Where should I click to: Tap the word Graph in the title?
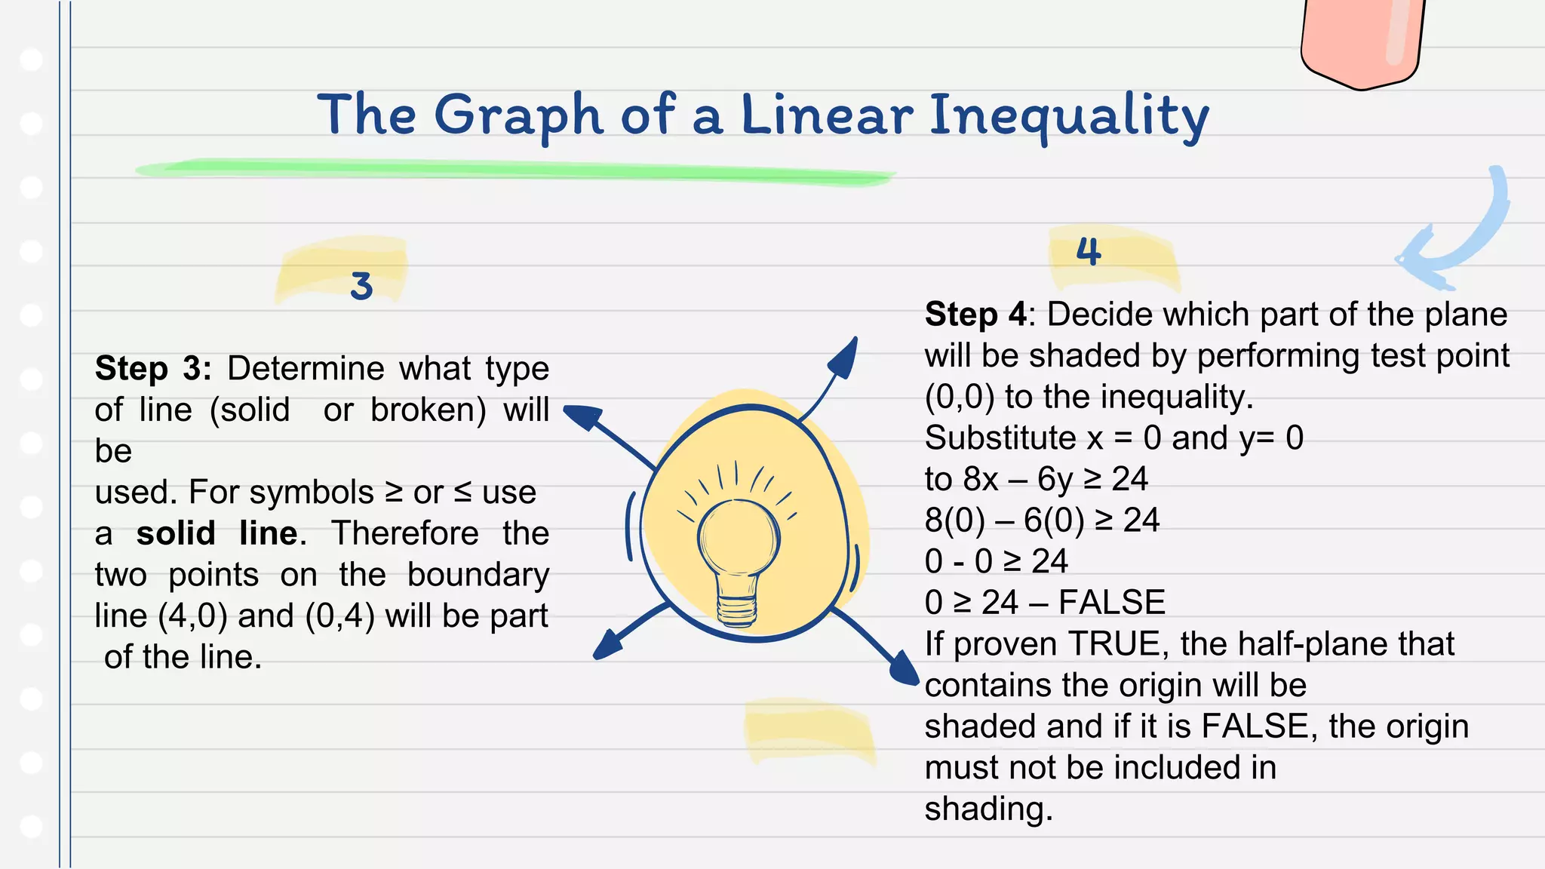518,117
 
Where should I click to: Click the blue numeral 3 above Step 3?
361,286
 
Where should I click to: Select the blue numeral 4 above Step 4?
1088,250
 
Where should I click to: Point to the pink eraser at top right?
1362,41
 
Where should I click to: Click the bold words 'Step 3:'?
153,369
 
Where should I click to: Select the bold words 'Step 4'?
975,315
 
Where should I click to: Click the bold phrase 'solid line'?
217,533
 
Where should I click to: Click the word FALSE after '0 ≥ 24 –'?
1112,603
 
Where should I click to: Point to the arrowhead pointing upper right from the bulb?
845,358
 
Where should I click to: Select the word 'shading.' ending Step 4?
988,809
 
